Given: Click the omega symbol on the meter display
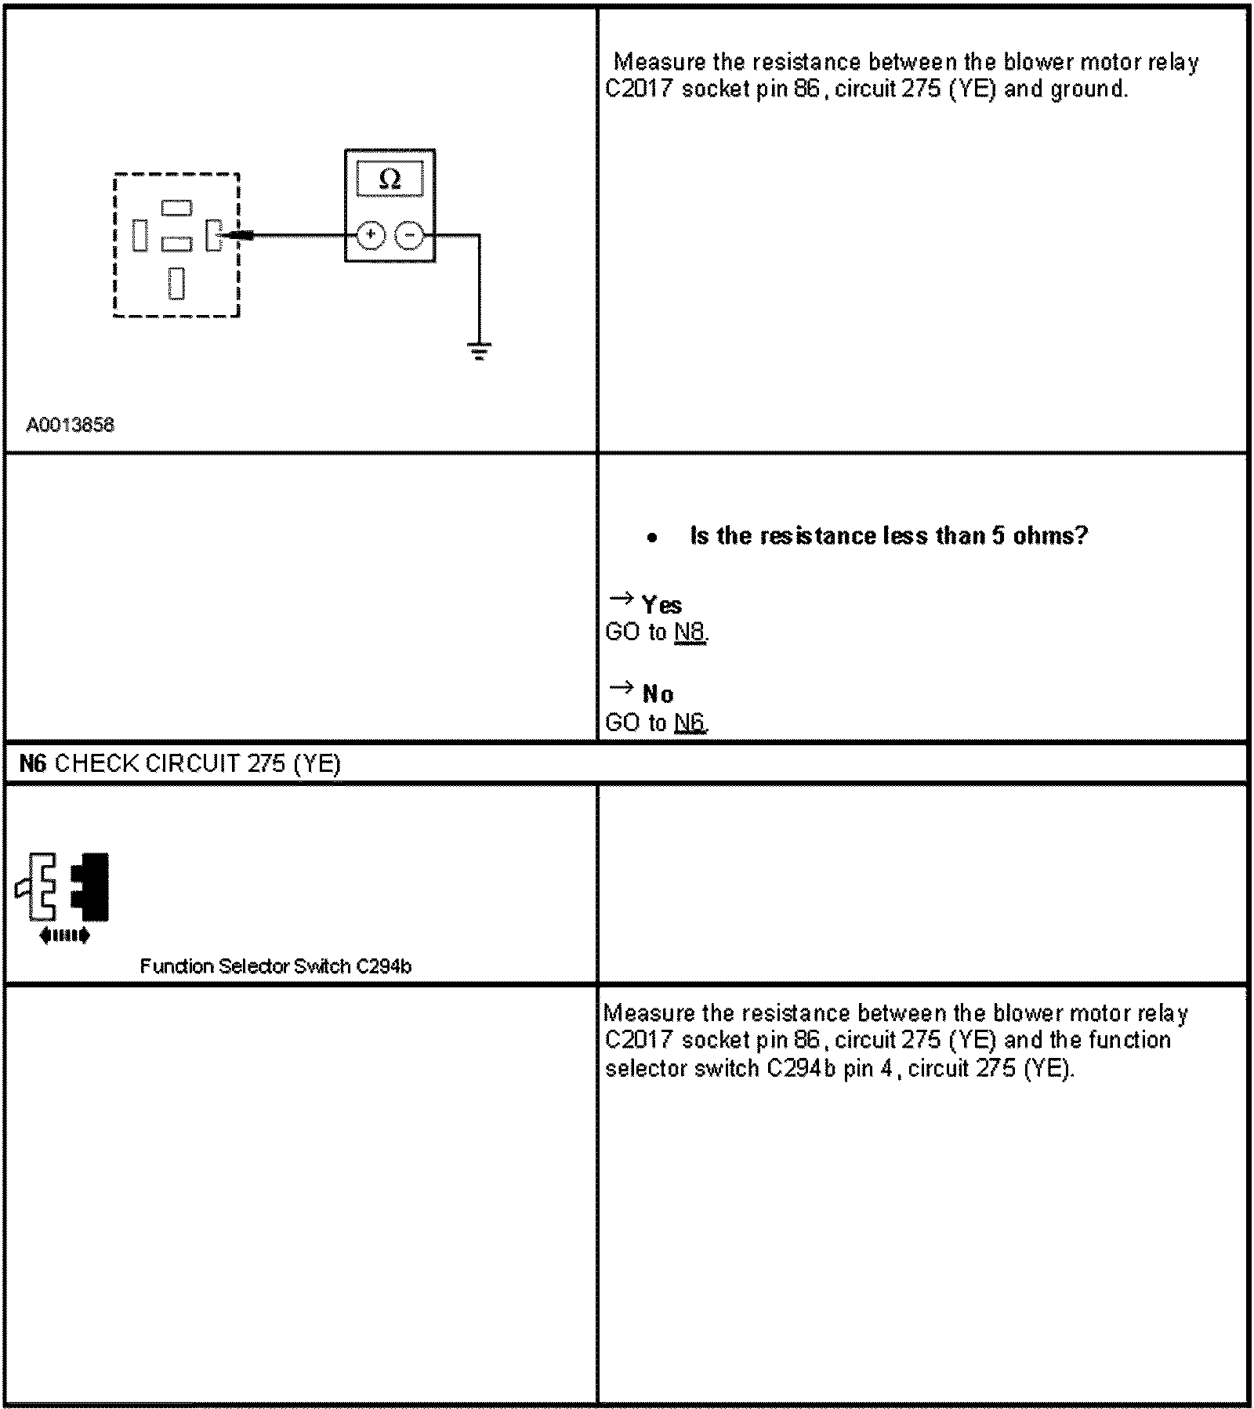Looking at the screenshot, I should tap(390, 180).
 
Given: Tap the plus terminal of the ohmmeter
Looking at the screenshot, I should tap(370, 234).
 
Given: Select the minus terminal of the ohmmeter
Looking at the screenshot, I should tap(409, 234).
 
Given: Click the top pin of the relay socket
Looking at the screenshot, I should tap(176, 208).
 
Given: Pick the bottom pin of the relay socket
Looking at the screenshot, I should tap(176, 283).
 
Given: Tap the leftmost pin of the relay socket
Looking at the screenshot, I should tap(140, 235).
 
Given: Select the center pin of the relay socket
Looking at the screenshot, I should tap(176, 244).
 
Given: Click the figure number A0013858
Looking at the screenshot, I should tap(70, 425).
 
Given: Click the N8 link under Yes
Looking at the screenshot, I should tap(690, 632).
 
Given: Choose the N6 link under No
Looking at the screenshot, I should tap(690, 722).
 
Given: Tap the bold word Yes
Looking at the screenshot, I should tap(661, 605).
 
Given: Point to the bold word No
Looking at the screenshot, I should tap(658, 694).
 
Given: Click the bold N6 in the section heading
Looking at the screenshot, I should tap(33, 763).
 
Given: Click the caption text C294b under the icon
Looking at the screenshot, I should tap(383, 966).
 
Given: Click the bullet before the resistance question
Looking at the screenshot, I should tap(652, 538).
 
